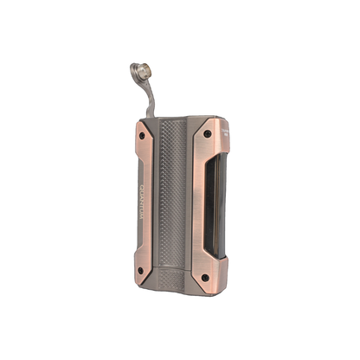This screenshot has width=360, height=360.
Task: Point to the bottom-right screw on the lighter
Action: [204, 280]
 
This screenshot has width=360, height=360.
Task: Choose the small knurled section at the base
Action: [173, 282]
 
